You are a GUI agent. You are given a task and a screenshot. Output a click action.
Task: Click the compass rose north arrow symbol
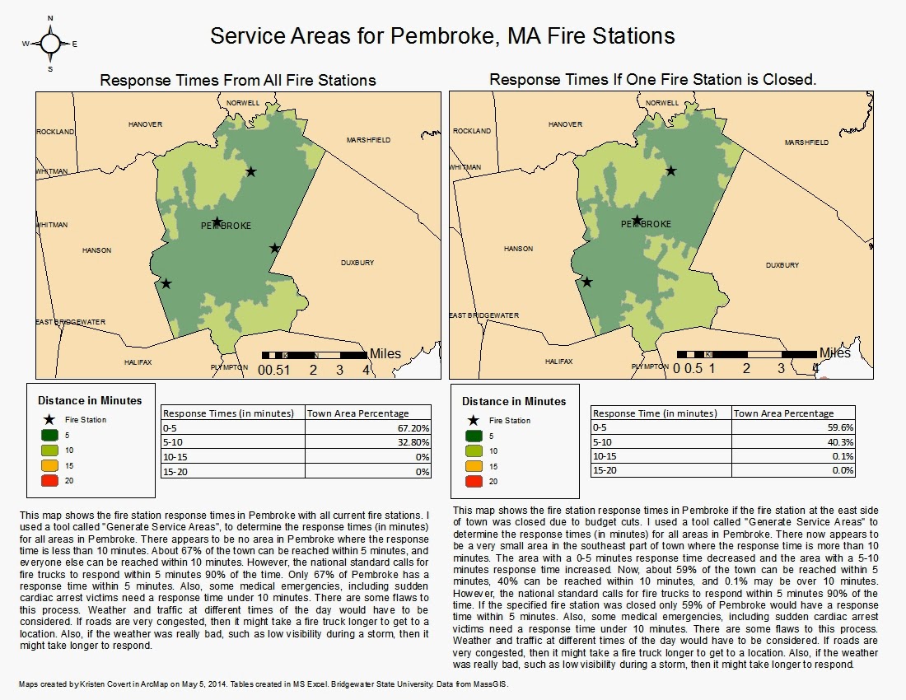[x=50, y=43]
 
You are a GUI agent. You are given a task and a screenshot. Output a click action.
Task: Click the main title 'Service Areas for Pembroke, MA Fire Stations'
[x=442, y=37]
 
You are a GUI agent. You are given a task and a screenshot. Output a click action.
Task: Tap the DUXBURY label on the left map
[x=357, y=263]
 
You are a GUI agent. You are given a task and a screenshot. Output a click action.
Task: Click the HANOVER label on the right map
[x=565, y=124]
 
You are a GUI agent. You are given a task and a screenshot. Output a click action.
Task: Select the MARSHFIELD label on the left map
[x=368, y=141]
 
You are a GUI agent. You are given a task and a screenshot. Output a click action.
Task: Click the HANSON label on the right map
[x=518, y=249]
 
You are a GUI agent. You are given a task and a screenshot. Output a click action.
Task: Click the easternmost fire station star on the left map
[x=274, y=248]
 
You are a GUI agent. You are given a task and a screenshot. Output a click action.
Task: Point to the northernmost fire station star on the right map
[x=671, y=170]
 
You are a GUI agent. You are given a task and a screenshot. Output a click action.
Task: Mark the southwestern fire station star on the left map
[x=166, y=283]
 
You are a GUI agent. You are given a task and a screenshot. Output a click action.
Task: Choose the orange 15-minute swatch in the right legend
[x=474, y=466]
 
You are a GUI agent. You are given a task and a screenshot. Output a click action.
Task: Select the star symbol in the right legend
[x=474, y=420]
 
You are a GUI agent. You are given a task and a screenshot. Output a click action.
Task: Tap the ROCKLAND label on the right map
[x=472, y=131]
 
